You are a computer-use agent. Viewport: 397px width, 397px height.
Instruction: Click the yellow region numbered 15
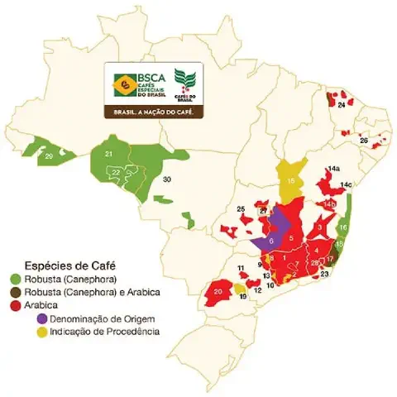[x=291, y=179]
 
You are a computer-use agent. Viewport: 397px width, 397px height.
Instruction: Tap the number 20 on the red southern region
[x=219, y=292]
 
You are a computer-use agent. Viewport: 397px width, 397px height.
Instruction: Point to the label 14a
[x=333, y=169]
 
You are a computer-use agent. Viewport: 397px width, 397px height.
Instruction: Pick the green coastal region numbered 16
[x=343, y=227]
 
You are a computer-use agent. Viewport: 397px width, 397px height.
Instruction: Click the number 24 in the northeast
[x=341, y=105]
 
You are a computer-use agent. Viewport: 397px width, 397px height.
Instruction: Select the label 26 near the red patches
[x=363, y=140]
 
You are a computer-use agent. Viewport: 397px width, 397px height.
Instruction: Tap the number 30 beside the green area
[x=166, y=179]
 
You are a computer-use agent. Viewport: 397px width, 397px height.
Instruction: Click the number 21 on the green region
[x=108, y=154]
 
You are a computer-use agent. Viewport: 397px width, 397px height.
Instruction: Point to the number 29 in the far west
[x=50, y=155]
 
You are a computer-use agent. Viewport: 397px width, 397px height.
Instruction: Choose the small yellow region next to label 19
[x=239, y=289]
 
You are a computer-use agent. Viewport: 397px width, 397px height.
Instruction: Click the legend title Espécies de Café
[x=69, y=265]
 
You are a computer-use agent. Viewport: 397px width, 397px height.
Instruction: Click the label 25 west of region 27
[x=241, y=208]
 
